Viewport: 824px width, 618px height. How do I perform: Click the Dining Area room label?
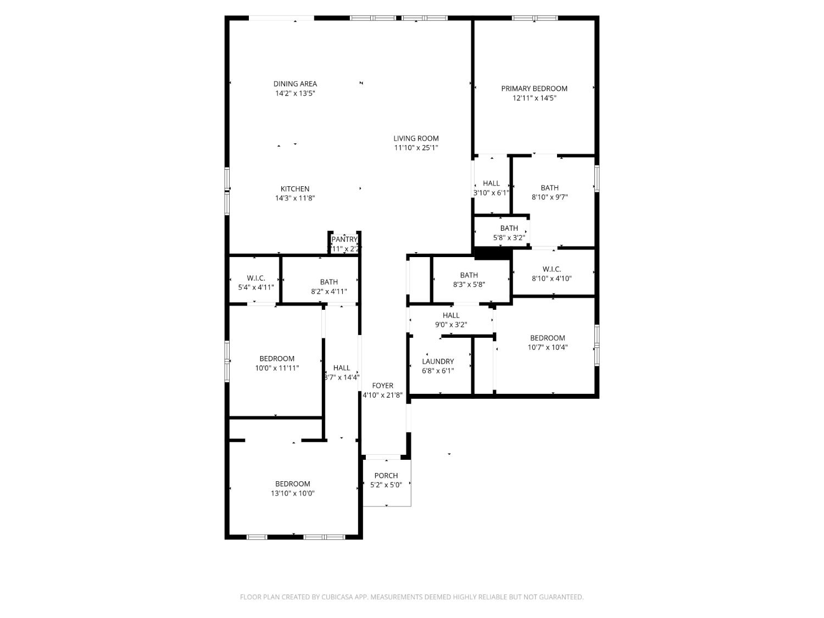295,84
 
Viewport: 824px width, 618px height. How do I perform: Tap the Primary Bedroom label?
534,88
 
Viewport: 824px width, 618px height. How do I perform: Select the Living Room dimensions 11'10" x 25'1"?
416,148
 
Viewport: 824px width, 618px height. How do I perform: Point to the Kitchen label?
295,189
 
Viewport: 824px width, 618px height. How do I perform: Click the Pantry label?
344,240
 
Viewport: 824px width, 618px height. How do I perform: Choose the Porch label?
386,476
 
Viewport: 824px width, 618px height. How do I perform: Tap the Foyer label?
382,386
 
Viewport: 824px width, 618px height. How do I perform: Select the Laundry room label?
438,361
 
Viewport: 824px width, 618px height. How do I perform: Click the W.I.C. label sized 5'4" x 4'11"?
256,278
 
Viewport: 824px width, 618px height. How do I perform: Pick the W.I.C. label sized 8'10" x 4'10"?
552,269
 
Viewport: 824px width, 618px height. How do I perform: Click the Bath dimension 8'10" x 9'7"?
549,197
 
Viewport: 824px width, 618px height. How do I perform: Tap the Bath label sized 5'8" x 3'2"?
509,229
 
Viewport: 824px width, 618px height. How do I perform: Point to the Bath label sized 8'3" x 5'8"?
469,275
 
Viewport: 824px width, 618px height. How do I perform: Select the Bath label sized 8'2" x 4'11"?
329,282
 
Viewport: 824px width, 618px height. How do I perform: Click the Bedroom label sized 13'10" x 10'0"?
292,484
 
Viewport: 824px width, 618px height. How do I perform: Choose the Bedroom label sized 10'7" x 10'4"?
547,338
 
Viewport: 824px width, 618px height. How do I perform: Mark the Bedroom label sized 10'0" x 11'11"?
277,359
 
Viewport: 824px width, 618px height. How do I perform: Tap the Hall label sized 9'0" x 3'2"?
451,315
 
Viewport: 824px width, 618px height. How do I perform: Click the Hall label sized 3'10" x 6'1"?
491,183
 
